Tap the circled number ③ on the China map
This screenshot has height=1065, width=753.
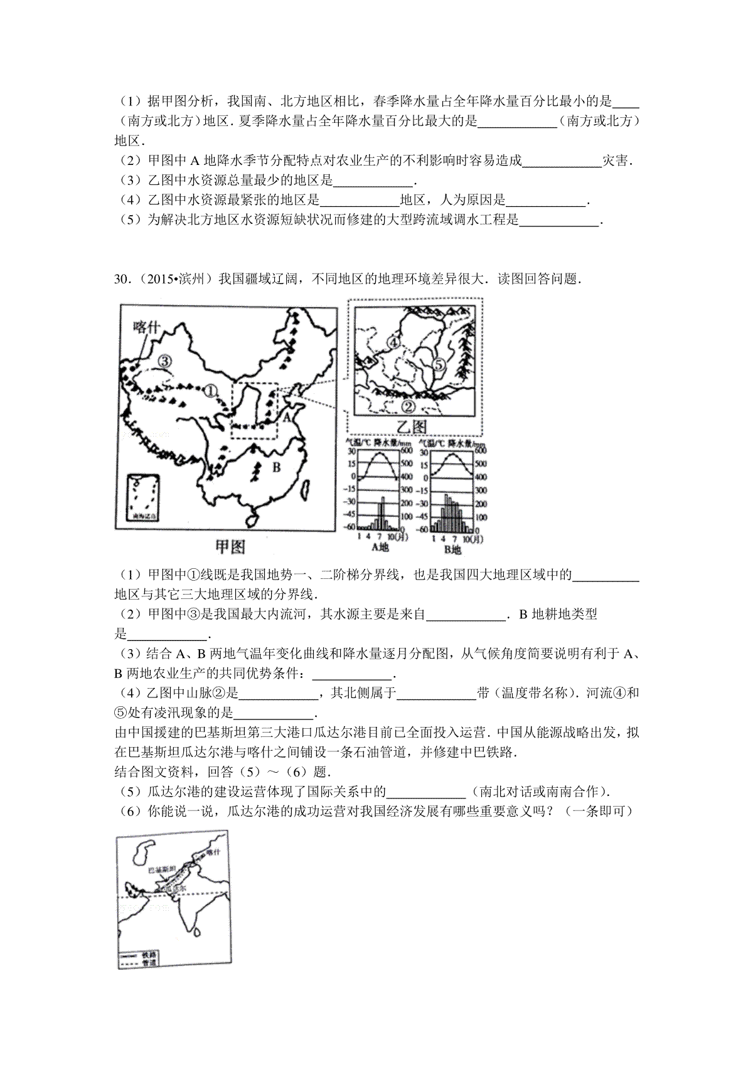tap(164, 361)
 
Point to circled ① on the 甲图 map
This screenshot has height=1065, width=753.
tap(211, 390)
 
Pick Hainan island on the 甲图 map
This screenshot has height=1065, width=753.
tap(252, 519)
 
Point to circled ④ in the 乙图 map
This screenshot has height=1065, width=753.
tap(393, 342)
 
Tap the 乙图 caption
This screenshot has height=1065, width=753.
tap(412, 427)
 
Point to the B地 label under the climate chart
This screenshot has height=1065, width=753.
tap(452, 549)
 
